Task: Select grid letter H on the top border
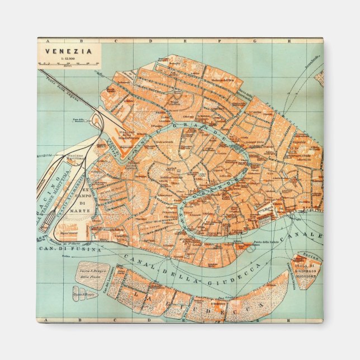290,40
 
